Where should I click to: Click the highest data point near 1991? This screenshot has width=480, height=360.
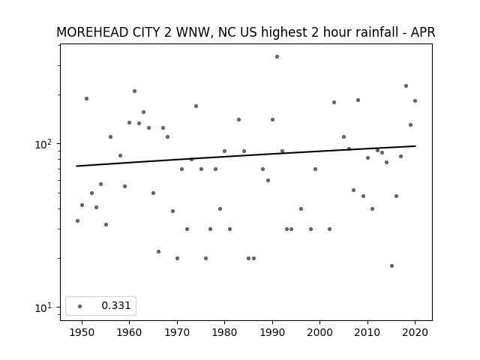(277, 57)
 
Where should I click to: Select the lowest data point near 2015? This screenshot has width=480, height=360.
(391, 266)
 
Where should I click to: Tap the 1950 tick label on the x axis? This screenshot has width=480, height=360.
(82, 332)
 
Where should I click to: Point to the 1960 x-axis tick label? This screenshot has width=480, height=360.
(129, 332)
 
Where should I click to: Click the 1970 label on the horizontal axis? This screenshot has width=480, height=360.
(177, 332)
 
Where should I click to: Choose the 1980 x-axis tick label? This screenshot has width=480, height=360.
(224, 332)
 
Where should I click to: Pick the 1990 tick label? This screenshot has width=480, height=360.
(272, 332)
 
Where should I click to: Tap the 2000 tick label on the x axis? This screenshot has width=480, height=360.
(320, 332)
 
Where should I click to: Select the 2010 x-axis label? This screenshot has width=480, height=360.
(367, 332)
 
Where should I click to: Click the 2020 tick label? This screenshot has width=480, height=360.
(415, 332)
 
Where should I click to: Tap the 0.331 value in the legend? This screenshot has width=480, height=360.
(116, 305)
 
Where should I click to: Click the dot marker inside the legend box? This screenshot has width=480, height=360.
(80, 306)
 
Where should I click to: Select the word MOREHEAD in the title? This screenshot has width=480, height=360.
(92, 32)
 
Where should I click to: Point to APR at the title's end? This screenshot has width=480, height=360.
(423, 32)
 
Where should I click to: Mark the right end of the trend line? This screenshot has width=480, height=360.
(415, 146)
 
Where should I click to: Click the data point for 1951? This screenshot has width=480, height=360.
(87, 98)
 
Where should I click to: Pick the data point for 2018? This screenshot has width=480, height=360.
(406, 86)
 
